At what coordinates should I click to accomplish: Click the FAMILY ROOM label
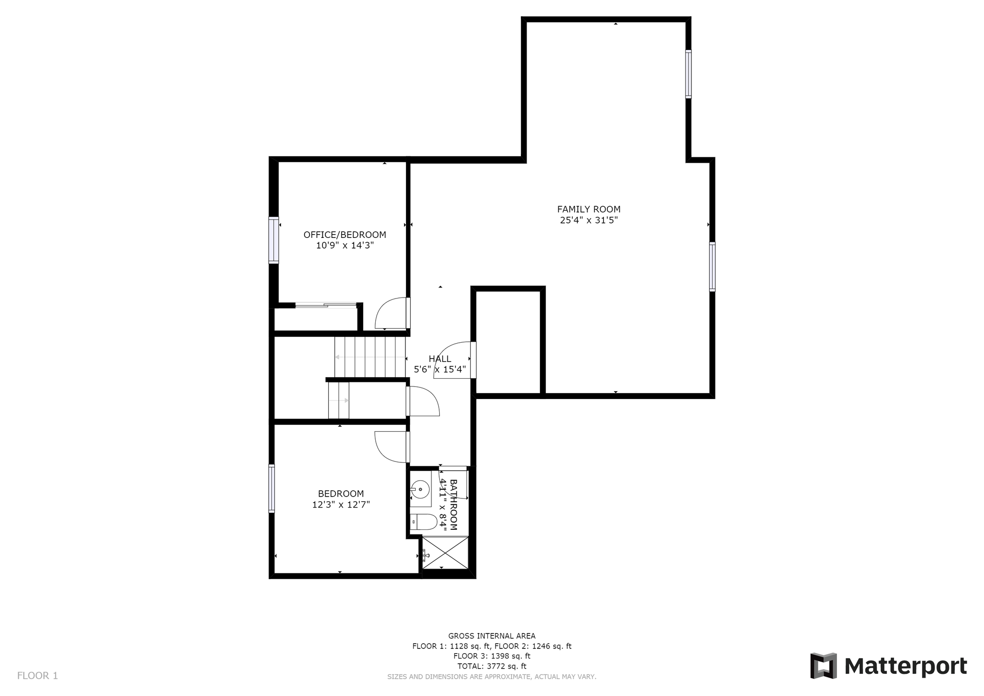(589, 209)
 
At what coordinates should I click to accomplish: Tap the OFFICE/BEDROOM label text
(344, 235)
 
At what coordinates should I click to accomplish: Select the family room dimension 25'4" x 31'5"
(589, 220)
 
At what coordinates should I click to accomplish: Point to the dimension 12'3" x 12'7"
(341, 505)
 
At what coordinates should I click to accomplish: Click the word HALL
(440, 359)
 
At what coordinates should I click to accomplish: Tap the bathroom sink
(420, 489)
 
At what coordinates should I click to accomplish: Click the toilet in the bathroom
(423, 522)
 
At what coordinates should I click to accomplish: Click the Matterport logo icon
(824, 666)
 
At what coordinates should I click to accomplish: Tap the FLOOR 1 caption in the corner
(37, 676)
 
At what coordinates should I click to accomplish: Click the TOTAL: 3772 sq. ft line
(492, 666)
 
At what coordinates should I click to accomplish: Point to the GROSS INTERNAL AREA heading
(492, 636)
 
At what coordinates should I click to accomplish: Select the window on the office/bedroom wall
(273, 240)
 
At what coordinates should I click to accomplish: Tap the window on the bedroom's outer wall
(271, 489)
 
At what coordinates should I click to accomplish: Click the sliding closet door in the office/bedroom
(326, 305)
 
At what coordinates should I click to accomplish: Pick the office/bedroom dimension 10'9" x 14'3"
(344, 246)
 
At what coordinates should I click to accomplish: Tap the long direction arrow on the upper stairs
(370, 357)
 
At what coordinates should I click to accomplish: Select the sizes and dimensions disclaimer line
(492, 677)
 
